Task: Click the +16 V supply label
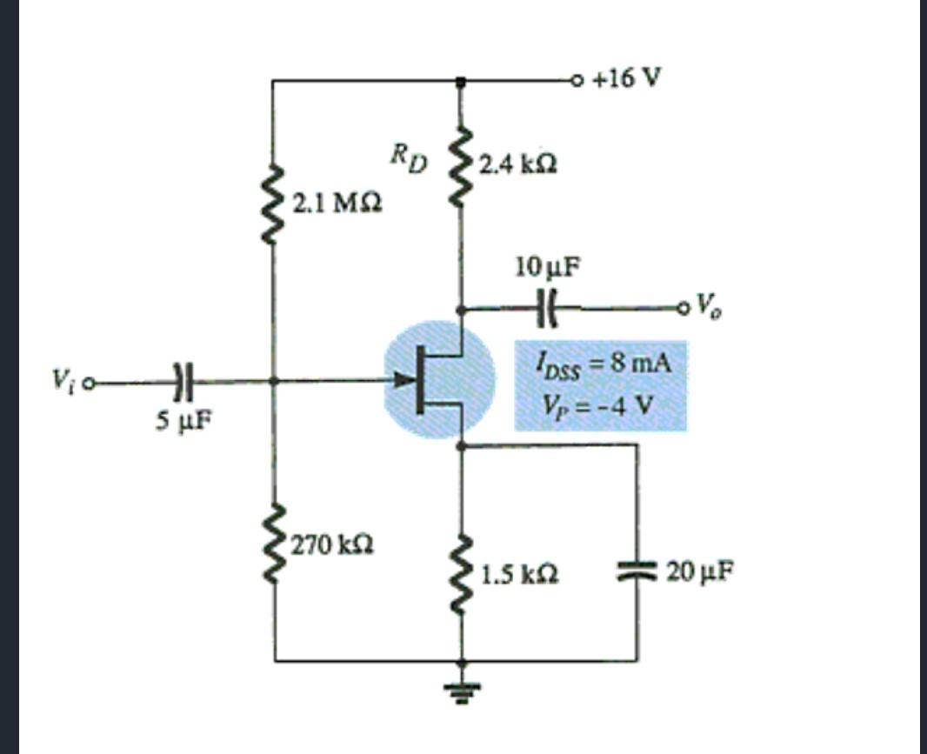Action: coord(627,79)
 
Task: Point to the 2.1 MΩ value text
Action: coord(335,205)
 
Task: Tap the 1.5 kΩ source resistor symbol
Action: coord(462,574)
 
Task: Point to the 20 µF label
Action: coord(700,572)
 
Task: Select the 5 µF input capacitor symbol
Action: coord(180,381)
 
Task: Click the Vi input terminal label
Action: coord(63,381)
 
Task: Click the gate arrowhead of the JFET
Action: coord(403,380)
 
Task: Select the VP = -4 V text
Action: coord(598,406)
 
